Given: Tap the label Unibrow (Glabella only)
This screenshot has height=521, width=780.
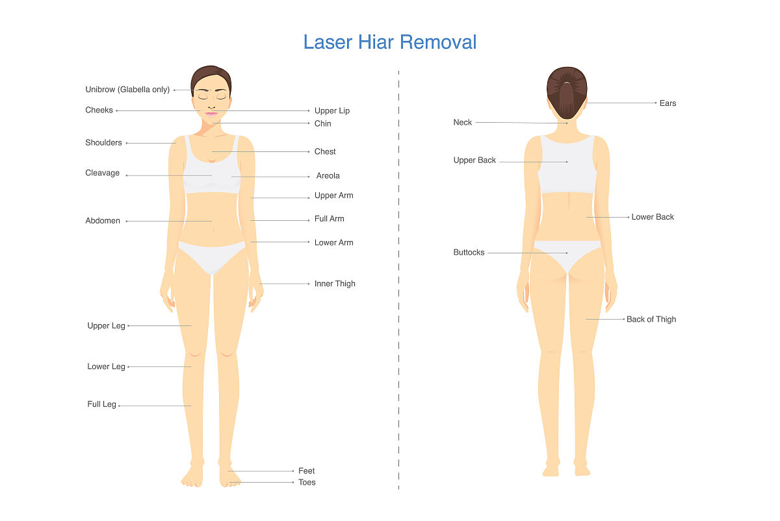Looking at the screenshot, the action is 127,90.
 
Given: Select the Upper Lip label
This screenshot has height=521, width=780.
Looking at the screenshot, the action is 332,110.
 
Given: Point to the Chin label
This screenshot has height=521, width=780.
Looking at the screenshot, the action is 323,123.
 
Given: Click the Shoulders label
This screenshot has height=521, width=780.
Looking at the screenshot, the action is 103,143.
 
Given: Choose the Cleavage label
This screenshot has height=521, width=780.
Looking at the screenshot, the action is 103,173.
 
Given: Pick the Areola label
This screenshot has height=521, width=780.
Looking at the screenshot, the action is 328,176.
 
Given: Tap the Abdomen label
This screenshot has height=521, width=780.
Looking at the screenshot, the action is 103,221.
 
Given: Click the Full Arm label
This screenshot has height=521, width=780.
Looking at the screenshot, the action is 329,219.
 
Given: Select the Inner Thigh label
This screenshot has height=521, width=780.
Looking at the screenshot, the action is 335,284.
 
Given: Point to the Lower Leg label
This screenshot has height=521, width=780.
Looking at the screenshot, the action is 106,367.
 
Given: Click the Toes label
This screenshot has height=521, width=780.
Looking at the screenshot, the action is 307,483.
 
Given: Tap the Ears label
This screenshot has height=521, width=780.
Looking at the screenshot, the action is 668,103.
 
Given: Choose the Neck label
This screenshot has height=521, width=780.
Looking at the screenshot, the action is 462,123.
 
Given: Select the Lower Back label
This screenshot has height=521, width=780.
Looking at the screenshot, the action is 653,217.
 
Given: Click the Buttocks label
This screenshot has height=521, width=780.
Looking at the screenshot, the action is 469,253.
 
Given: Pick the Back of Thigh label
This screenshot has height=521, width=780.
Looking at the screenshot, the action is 651,320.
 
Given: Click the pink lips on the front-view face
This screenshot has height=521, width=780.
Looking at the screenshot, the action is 211,114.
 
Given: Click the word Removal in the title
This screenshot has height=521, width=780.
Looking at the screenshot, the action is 438,42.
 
